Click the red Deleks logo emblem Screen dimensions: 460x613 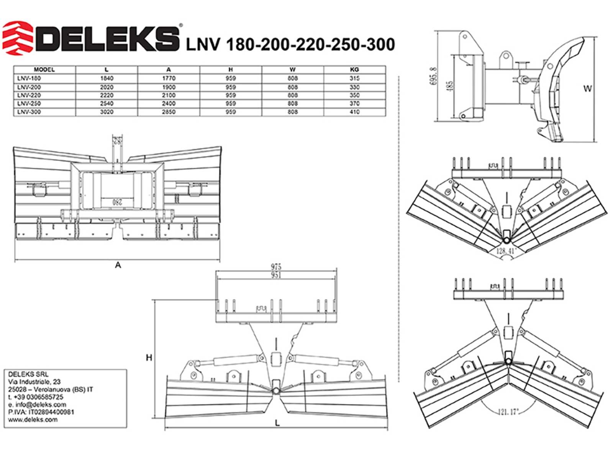pyautogui.click(x=18, y=38)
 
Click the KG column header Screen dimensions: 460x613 pyautogui.click(x=354, y=70)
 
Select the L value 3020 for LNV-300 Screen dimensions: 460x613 pyautogui.click(x=107, y=112)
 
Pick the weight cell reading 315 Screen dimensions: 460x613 pyautogui.click(x=354, y=78)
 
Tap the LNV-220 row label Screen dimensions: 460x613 pyautogui.click(x=29, y=95)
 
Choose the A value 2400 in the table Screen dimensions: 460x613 pyautogui.click(x=169, y=103)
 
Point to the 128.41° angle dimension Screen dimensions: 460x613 pyautogui.click(x=506, y=251)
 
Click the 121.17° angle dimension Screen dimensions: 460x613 pyautogui.click(x=508, y=412)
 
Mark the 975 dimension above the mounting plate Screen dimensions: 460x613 pyautogui.click(x=276, y=266)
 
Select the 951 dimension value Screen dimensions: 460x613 pyautogui.click(x=276, y=275)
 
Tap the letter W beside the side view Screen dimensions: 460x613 pyautogui.click(x=587, y=89)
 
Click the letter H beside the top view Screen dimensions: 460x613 pyautogui.click(x=149, y=358)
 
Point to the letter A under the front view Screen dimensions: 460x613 pyautogui.click(x=118, y=265)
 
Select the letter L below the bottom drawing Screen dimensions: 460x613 pyautogui.click(x=277, y=423)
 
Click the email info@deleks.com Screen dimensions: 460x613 pyautogui.click(x=37, y=404)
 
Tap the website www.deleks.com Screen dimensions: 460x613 pyautogui.click(x=33, y=419)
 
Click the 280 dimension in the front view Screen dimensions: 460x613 pyautogui.click(x=117, y=202)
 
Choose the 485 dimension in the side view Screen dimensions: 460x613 pyautogui.click(x=450, y=85)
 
